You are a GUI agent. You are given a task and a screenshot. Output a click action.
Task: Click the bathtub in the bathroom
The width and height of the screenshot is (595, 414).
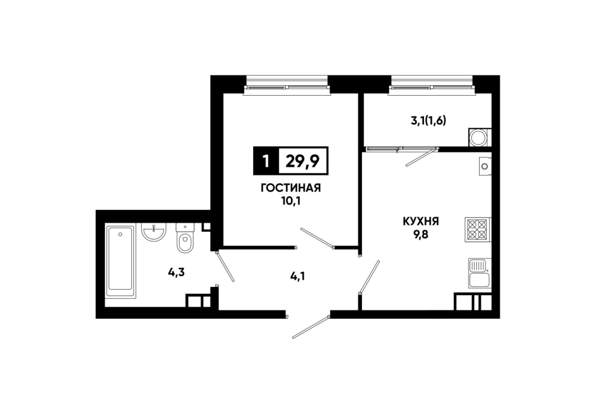(121, 262)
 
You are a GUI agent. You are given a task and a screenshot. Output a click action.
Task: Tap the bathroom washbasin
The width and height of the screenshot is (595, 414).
(154, 231)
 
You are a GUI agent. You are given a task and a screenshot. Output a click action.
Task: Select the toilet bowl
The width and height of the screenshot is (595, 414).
(185, 238)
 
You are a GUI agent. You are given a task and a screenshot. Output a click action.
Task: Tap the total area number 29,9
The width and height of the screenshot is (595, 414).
(302, 161)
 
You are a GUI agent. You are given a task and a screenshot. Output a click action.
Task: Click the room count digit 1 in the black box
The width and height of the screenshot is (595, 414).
(266, 161)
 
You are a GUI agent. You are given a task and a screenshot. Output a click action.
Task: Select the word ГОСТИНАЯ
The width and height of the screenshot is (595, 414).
(291, 188)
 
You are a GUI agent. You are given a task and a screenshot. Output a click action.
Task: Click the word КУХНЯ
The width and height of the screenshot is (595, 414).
(421, 221)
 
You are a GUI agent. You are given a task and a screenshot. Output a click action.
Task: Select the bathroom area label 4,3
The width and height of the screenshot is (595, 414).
(176, 272)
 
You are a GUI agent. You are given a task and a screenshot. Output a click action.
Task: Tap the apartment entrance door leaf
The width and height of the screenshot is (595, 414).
(311, 326)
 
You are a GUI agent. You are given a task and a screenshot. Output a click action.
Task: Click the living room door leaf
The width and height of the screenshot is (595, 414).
(317, 238)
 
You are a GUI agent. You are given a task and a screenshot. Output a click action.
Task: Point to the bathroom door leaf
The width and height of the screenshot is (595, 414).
(225, 266)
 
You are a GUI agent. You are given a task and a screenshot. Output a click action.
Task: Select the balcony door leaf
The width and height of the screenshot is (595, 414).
(421, 157)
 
